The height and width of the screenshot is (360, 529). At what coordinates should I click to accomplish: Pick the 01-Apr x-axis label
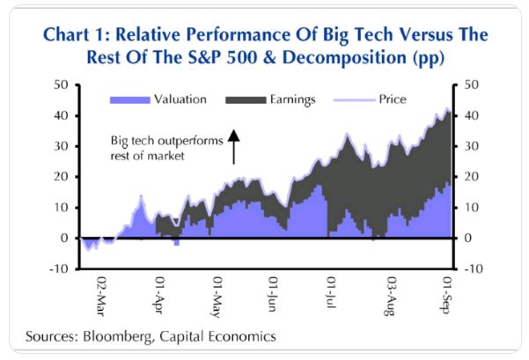coord(160,295)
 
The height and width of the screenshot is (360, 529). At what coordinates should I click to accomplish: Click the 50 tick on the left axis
coord(62,85)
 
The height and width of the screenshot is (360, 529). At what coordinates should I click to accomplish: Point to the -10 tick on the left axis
coord(60,268)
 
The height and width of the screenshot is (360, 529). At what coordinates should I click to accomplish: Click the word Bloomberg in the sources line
coord(114,335)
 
